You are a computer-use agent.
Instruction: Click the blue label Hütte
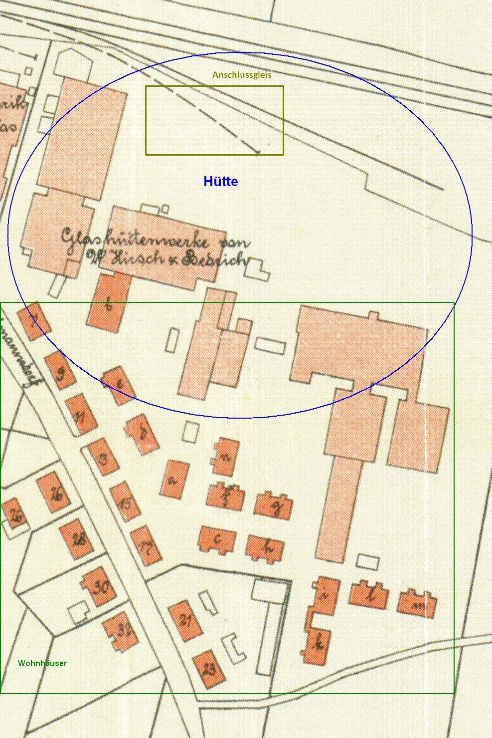click(220, 182)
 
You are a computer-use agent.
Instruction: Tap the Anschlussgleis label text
click(242, 75)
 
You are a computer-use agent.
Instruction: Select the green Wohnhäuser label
click(42, 663)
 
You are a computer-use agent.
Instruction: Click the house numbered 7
click(34, 321)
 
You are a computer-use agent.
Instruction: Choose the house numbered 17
click(146, 545)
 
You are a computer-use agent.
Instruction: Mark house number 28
click(77, 539)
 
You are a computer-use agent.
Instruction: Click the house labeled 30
click(99, 586)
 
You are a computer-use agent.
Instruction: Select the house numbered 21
click(185, 621)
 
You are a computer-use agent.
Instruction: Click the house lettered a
click(174, 479)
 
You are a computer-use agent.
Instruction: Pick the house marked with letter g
click(273, 506)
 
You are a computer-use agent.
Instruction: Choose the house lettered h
click(265, 548)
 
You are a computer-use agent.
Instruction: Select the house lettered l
click(369, 595)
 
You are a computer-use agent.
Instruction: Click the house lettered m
click(417, 603)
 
